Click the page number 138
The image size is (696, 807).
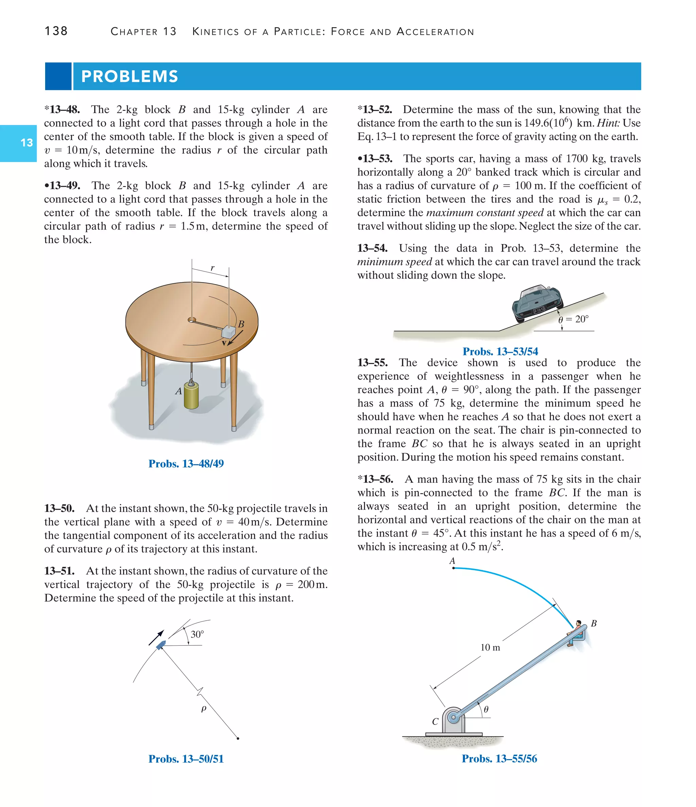[x=56, y=31]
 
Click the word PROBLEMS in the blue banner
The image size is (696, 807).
[x=129, y=76]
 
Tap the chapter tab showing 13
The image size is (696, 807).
[x=27, y=143]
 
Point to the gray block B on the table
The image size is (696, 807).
[x=229, y=332]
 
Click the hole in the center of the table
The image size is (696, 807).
[x=191, y=320]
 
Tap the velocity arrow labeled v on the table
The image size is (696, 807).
[x=235, y=338]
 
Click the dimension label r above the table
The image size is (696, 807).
[x=212, y=268]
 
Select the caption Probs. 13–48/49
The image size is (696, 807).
[x=186, y=463]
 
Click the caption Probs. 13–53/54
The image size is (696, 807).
[x=500, y=351]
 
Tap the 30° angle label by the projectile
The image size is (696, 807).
[x=197, y=635]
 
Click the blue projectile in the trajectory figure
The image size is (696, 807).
[x=161, y=645]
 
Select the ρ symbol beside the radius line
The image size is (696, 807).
[x=204, y=709]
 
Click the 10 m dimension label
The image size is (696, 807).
[x=490, y=647]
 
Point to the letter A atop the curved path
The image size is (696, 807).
[x=452, y=561]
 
